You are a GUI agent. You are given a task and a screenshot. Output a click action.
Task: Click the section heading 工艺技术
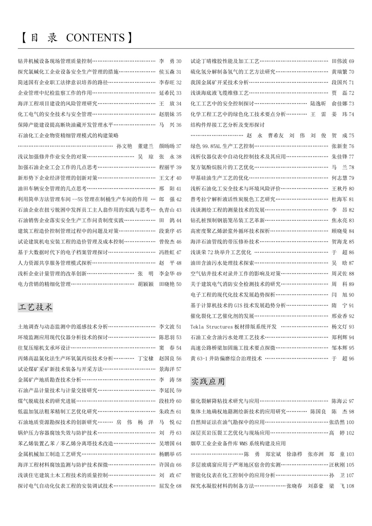[x=36, y=307]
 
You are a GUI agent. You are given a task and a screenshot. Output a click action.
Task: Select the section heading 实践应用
[x=208, y=381]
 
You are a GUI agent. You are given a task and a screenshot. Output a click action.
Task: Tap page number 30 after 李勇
[x=178, y=61]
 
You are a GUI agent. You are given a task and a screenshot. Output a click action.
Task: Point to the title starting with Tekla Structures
[x=233, y=327]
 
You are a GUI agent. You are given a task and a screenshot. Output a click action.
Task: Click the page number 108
[x=350, y=486]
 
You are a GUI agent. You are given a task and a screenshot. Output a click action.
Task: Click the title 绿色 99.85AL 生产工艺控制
[x=222, y=146]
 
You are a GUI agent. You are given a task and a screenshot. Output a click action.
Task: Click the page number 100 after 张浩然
[x=350, y=422]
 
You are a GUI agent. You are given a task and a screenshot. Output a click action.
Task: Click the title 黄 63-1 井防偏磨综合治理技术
[x=226, y=359]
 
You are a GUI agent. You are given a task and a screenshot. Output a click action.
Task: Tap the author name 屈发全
[x=167, y=486]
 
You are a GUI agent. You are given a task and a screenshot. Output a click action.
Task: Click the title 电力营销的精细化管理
[x=44, y=284]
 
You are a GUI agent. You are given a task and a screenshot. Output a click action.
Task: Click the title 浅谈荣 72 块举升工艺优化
[x=221, y=252]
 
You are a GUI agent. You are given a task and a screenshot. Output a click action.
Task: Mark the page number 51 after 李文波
[x=178, y=327]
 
